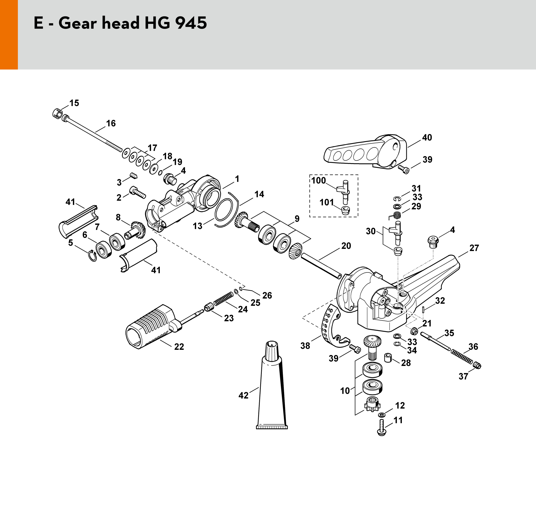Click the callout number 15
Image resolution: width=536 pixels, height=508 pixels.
[x=74, y=103]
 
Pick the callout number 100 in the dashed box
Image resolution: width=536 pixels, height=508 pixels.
[x=318, y=181]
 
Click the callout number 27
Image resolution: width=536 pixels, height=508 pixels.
[x=474, y=248]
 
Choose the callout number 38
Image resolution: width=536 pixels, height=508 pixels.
[x=305, y=346]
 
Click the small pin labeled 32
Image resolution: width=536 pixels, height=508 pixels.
[x=424, y=309]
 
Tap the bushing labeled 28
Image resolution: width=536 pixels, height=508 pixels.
[x=388, y=358]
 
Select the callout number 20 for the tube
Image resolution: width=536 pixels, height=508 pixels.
[x=346, y=246]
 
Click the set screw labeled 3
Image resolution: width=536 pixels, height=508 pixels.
[x=134, y=175]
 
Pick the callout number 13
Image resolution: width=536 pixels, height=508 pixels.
[x=197, y=226]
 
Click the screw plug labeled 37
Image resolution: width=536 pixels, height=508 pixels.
[x=478, y=366]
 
